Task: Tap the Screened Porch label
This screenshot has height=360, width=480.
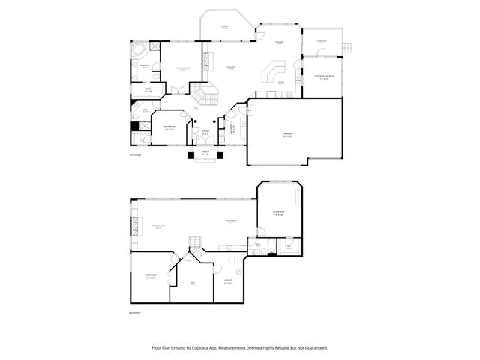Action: tap(323, 78)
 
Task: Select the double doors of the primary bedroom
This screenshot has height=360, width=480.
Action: tap(175, 90)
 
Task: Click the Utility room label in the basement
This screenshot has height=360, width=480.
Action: tap(229, 282)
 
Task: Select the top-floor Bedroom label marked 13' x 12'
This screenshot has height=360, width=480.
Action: tap(169, 127)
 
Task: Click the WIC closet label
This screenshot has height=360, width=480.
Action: tap(148, 91)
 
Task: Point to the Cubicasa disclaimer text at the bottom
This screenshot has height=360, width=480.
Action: tap(240, 347)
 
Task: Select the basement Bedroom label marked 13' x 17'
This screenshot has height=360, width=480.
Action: tap(151, 277)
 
